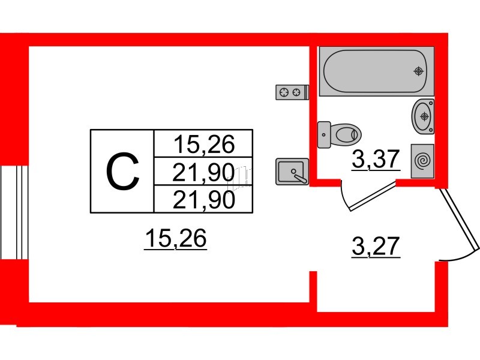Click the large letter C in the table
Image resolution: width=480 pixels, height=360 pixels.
click(x=122, y=172)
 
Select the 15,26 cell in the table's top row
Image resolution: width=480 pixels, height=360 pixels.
click(x=203, y=144)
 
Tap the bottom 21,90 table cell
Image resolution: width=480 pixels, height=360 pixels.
click(x=203, y=200)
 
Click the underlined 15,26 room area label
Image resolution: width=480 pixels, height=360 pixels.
click(x=175, y=239)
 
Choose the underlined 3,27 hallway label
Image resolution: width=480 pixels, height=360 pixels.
click(x=376, y=246)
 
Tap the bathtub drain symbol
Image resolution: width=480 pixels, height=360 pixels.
click(x=418, y=71)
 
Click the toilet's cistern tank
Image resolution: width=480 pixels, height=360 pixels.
click(x=324, y=134)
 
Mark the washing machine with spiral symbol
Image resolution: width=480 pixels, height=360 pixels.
click(x=423, y=161)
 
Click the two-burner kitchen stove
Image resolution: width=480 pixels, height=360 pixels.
click(x=291, y=92)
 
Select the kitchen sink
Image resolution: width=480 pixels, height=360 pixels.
click(x=292, y=172)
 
